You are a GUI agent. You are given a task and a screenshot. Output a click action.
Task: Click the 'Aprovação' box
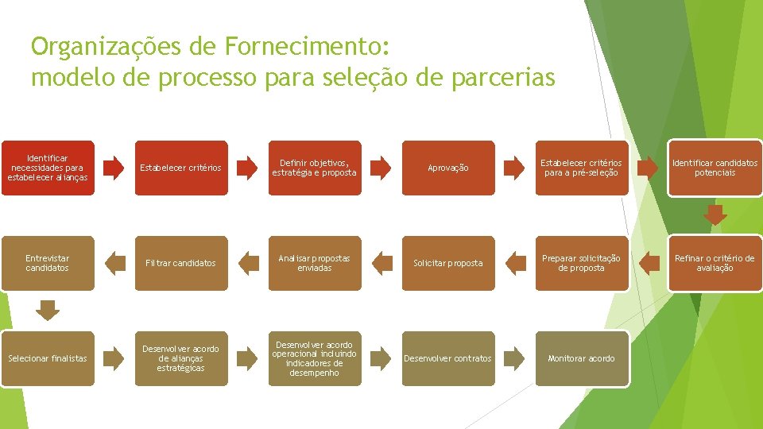[x=448, y=168]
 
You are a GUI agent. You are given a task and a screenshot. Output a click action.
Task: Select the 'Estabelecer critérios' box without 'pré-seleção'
[x=180, y=168]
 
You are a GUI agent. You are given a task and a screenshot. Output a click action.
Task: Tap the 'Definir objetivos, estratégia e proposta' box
[x=314, y=168]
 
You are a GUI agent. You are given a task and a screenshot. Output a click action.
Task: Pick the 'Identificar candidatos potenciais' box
[x=715, y=168]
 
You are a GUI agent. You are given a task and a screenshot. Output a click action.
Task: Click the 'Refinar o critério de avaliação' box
[x=715, y=263]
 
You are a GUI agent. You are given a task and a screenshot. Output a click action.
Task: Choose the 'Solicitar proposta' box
[x=448, y=263]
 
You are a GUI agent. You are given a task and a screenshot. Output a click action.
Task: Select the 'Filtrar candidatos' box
[x=180, y=263]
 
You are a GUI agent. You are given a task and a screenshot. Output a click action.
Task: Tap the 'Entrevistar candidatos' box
[x=48, y=263]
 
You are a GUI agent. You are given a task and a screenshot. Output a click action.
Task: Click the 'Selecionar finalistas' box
[x=48, y=358]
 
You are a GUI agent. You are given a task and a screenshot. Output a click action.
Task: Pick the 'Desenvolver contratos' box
[x=448, y=358]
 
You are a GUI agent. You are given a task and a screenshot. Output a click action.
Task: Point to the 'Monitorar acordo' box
[x=581, y=358]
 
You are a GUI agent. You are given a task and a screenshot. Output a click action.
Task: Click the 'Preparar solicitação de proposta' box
[x=581, y=263]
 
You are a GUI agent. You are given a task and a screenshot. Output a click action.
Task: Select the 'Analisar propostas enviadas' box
[x=314, y=263]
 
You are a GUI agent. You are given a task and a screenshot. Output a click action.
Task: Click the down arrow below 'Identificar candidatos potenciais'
[x=715, y=214]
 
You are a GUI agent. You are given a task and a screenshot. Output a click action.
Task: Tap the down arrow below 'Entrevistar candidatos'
[x=48, y=310]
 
